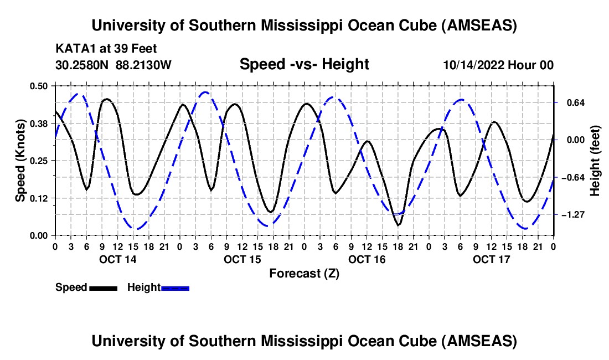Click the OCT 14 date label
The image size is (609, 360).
pyautogui.click(x=117, y=259)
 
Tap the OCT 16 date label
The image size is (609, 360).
pyautogui.click(x=367, y=259)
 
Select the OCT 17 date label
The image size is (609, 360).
pyautogui.click(x=491, y=259)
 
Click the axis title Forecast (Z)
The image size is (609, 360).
pyautogui.click(x=304, y=273)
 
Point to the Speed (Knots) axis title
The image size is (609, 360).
pyautogui.click(x=20, y=160)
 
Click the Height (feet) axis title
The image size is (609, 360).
pyautogui.click(x=595, y=161)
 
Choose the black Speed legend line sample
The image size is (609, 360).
pyautogui.click(x=103, y=287)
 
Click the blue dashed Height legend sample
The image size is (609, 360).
pyautogui.click(x=175, y=287)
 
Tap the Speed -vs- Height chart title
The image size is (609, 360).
pyautogui.click(x=304, y=64)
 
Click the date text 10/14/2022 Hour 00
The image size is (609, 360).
pyautogui.click(x=498, y=65)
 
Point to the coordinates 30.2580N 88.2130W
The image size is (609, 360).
pyautogui.click(x=113, y=65)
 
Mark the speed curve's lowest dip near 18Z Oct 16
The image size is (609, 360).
pyautogui.click(x=398, y=225)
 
